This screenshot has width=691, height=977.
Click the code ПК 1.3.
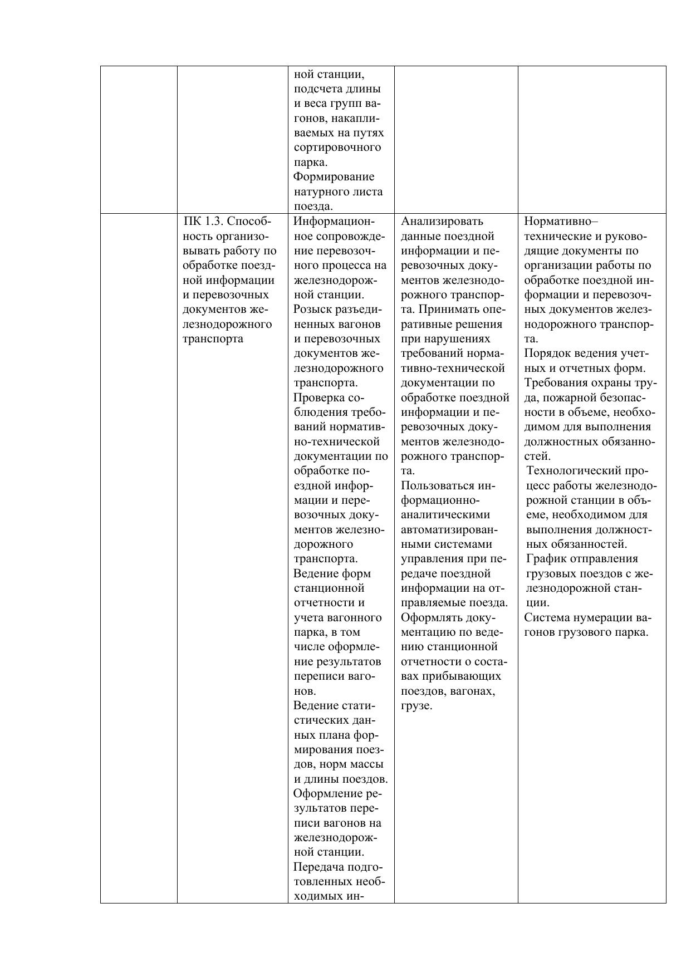(203, 222)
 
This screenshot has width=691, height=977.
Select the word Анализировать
(442, 222)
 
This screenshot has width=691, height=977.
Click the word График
(543, 559)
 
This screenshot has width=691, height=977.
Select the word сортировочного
(337, 148)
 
